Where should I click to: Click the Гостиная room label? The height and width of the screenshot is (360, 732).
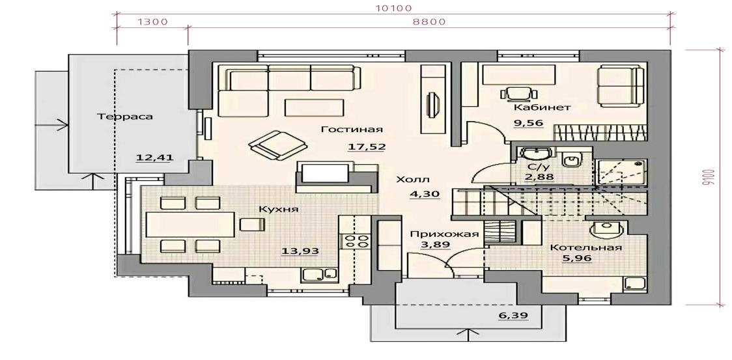click(352, 130)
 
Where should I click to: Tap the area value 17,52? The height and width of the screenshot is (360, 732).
click(367, 146)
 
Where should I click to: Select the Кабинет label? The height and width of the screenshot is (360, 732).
click(542, 107)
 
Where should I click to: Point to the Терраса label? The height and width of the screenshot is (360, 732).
click(124, 117)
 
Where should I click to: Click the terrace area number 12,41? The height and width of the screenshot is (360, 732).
click(154, 158)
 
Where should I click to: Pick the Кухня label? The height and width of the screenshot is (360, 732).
click(279, 209)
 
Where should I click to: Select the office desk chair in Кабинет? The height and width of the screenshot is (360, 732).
click(518, 93)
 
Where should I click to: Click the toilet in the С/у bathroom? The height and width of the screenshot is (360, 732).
click(571, 159)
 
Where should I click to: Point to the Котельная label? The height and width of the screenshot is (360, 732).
click(585, 247)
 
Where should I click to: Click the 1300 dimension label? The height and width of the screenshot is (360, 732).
click(152, 21)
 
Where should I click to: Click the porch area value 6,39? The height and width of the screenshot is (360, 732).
click(514, 316)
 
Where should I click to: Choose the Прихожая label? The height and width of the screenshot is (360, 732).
click(444, 234)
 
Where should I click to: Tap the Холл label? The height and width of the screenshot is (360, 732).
click(413, 180)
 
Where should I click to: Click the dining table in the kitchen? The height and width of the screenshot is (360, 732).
click(190, 225)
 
